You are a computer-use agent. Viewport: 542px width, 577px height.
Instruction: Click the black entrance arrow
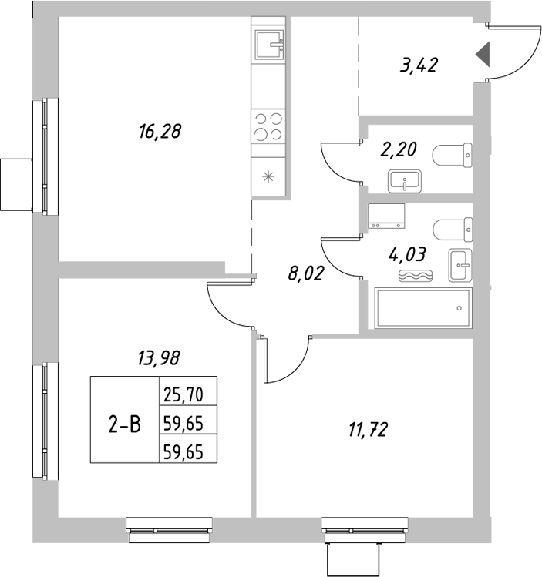tap(483, 55)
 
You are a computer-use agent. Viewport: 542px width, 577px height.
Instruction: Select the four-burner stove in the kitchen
tap(268, 126)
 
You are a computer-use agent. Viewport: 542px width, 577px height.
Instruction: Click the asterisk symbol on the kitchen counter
tap(268, 176)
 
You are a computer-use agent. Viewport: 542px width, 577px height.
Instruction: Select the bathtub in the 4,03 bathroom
tap(422, 309)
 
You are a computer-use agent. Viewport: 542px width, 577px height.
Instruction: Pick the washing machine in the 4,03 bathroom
tap(387, 216)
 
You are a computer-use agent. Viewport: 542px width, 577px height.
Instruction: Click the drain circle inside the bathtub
tap(459, 309)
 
